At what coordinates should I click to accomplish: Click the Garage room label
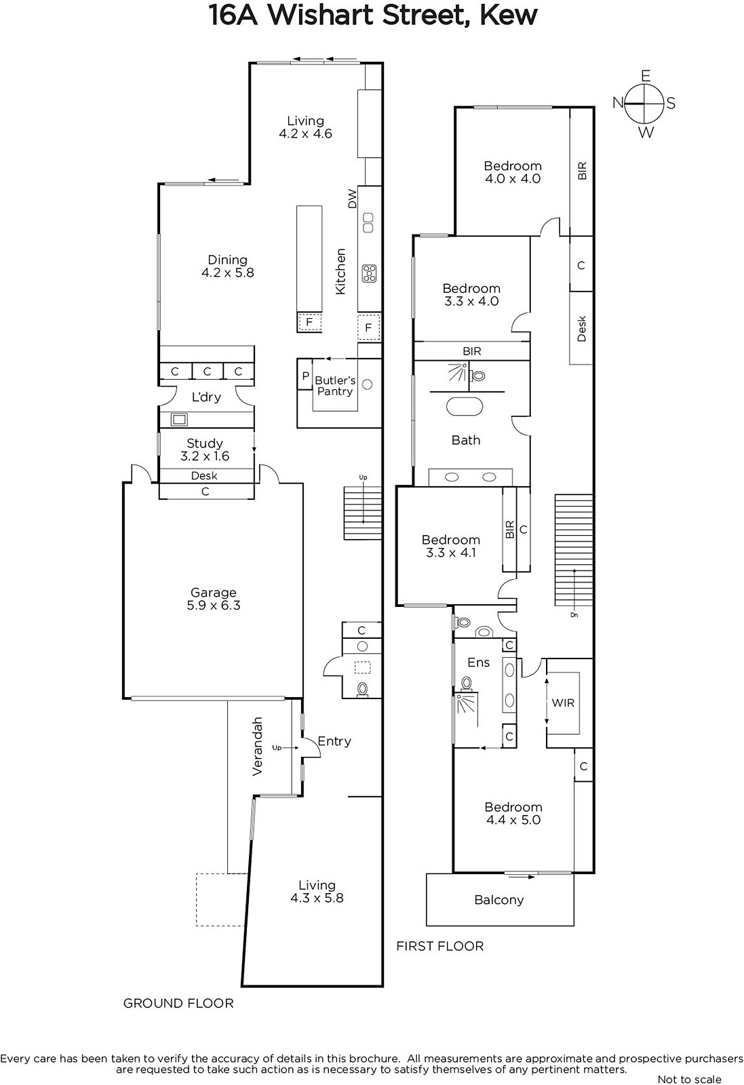[213, 593]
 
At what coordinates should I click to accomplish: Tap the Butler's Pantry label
[335, 386]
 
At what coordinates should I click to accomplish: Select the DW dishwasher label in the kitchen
[352, 199]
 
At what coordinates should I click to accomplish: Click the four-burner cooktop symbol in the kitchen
[369, 273]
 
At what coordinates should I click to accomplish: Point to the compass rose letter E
[645, 76]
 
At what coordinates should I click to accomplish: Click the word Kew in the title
[508, 16]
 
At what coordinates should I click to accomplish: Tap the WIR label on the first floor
[563, 703]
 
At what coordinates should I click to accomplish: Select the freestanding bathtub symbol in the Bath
[465, 406]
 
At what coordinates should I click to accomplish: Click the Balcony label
[499, 900]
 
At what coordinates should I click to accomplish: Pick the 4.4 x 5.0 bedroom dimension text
[513, 820]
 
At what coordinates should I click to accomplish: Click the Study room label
[204, 443]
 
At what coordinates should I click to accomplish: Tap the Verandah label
[257, 747]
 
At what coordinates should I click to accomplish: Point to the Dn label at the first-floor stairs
[574, 615]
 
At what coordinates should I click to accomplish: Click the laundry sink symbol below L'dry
[179, 419]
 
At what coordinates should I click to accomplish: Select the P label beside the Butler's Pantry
[306, 376]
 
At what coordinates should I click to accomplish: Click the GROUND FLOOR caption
[178, 1003]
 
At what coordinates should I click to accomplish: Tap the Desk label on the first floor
[582, 328]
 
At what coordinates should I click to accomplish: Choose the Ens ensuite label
[479, 662]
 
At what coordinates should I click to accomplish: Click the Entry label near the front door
[334, 741]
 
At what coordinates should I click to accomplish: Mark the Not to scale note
[689, 1079]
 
